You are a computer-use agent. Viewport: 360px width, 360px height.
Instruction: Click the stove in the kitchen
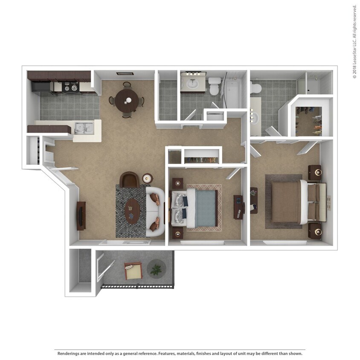(x=71, y=87)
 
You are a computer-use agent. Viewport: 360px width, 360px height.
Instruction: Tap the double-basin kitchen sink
(x=84, y=128)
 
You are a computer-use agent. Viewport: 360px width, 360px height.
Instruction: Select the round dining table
(x=127, y=100)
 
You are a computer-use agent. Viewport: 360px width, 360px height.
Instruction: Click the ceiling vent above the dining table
(x=125, y=74)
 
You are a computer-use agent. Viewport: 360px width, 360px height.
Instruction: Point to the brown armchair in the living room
(x=129, y=180)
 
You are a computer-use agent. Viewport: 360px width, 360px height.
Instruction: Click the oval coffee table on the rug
(x=133, y=212)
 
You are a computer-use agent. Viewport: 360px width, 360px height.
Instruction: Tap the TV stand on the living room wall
(x=81, y=215)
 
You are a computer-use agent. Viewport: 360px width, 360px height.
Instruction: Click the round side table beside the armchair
(x=148, y=178)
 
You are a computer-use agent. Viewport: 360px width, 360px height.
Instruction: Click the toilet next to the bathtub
(x=215, y=86)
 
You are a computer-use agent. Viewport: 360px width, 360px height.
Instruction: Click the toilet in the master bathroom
(x=256, y=88)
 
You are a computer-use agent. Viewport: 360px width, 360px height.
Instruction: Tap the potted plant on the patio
(x=157, y=269)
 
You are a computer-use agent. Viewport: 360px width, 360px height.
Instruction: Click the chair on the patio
(x=133, y=270)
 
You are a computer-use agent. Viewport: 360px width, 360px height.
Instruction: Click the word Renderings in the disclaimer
(x=70, y=354)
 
